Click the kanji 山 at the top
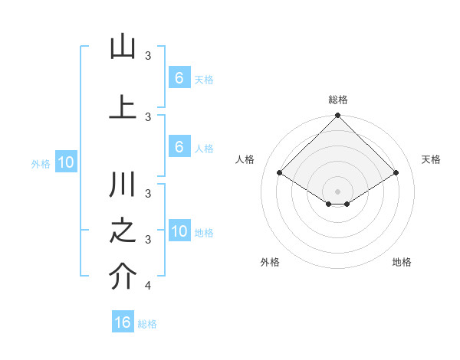123,48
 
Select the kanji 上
123,106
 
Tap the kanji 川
123,186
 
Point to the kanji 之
123,233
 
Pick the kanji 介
123,278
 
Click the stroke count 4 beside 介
148,286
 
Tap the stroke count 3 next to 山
148,55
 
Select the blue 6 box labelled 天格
179,78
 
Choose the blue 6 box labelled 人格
179,147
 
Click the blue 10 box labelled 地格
179,231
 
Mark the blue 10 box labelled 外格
65,162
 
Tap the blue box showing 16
123,322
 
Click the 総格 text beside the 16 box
147,324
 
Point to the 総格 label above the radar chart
337,100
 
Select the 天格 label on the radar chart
431,159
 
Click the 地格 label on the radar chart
402,262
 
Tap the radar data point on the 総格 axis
337,116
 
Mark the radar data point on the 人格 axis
279,173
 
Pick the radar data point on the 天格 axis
396,173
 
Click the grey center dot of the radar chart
337,191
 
